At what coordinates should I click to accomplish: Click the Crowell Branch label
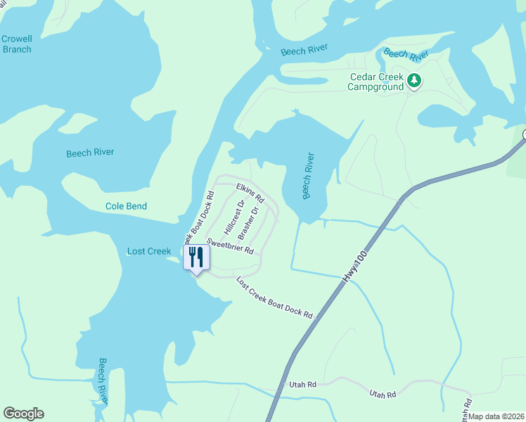[x=16, y=44]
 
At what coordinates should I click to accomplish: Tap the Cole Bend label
[x=126, y=206]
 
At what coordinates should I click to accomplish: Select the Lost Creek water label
[x=149, y=251]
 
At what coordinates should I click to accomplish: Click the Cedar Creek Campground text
[x=377, y=82]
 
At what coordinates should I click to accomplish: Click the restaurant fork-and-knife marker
[x=196, y=257]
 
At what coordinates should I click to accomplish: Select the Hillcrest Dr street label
[x=233, y=217]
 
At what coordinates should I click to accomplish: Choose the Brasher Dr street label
[x=249, y=222]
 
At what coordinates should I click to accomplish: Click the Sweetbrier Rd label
[x=229, y=246]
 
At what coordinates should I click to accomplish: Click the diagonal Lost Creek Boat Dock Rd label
[x=274, y=298]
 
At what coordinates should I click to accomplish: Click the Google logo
[x=23, y=414]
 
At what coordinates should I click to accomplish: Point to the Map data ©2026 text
[x=496, y=416]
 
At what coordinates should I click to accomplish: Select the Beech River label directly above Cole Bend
[x=90, y=153]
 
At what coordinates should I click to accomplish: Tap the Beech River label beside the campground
[x=406, y=53]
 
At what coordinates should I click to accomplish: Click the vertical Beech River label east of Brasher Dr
[x=307, y=176]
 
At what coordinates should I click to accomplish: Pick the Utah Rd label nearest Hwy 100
[x=303, y=385]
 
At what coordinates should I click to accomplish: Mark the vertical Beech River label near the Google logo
[x=103, y=381]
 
